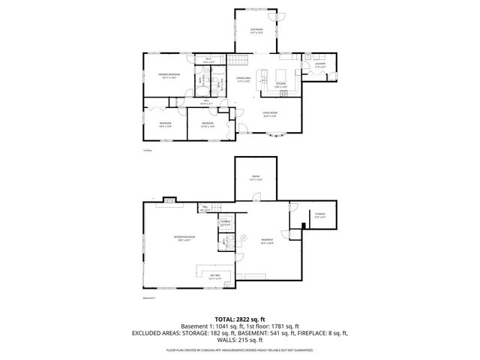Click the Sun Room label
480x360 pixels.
pos(256,29)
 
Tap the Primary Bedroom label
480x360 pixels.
pos(168,75)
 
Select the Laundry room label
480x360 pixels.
pos(319,64)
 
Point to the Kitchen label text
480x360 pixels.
pos(280,84)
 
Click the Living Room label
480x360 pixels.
pos(270,114)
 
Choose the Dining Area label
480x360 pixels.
pos(243,78)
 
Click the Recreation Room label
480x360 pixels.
pos(184,237)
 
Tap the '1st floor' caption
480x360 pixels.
pos(148,150)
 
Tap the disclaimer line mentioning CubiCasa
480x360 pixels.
pos(240,350)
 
